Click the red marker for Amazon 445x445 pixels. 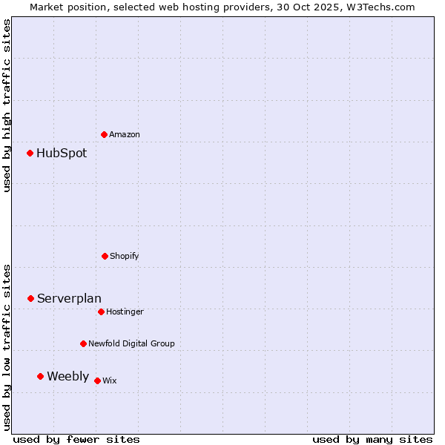tap(104, 134)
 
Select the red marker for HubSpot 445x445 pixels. tap(30, 154)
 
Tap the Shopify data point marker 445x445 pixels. tap(105, 256)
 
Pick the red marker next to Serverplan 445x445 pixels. tap(31, 298)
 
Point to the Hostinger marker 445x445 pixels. tap(101, 311)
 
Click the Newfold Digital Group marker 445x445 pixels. tap(83, 343)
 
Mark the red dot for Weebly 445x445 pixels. tap(41, 376)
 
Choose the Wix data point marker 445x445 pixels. tap(97, 380)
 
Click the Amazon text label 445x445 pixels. tap(125, 135)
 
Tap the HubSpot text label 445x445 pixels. tap(62, 154)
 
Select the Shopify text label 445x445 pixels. tap(125, 257)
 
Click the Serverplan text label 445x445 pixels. tap(69, 299)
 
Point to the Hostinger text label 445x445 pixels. tap(125, 312)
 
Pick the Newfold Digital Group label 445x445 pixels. tap(131, 344)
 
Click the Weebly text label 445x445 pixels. tap(67, 377)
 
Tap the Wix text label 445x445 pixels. tap(109, 381)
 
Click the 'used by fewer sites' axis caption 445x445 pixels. tap(76, 440)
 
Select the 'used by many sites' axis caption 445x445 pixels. tap(372, 440)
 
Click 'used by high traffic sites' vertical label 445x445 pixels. tap(7, 105)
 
